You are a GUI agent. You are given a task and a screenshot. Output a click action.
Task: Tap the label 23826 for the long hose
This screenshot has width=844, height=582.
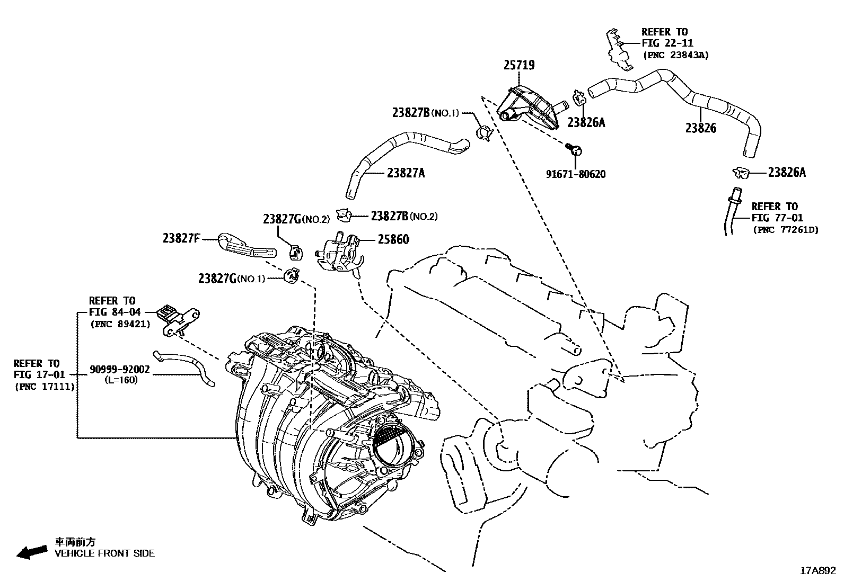pos(700,128)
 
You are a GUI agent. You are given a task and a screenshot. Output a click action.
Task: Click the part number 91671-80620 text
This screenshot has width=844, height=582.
pos(576,174)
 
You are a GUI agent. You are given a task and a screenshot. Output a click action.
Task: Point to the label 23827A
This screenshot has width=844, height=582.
pos(406,173)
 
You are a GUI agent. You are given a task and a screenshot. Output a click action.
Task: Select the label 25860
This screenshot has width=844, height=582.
pos(393,240)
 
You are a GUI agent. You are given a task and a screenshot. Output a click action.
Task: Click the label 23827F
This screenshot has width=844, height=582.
pos(181,239)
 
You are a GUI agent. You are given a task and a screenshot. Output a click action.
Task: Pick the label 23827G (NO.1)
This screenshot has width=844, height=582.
pos(231,279)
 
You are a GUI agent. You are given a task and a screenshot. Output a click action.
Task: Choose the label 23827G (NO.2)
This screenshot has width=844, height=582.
pos(296,219)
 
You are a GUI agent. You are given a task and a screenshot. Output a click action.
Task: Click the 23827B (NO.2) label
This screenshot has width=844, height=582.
pos(404,216)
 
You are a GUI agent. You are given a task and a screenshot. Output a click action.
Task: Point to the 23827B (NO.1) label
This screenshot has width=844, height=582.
pos(425,113)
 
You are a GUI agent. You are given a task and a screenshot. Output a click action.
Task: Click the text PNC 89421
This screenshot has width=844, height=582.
pos(120,324)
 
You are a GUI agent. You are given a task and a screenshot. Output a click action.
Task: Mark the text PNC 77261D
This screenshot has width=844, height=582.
pos(785,230)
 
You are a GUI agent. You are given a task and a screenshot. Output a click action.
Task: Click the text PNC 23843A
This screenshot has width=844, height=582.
pos(675,55)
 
